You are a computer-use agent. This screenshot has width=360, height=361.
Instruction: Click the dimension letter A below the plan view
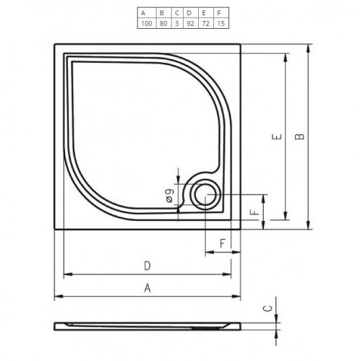(x=147, y=287)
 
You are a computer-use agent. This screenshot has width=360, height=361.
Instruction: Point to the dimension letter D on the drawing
(x=147, y=265)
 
